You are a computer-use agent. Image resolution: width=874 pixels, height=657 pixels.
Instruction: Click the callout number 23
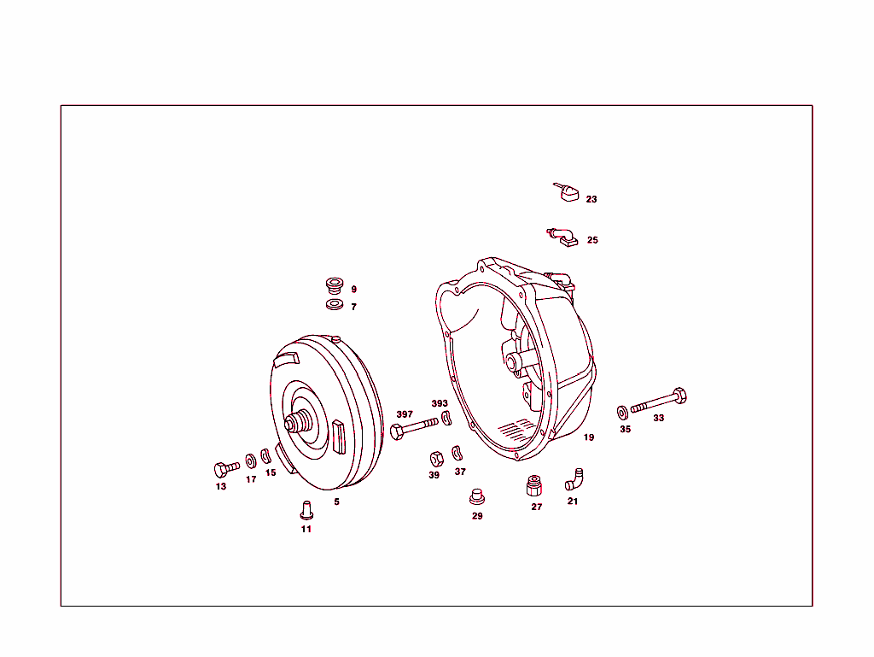click(591, 199)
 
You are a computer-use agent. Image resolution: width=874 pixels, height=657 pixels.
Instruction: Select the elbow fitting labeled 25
click(562, 235)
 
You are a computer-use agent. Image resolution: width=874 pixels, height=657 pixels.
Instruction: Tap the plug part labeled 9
click(334, 284)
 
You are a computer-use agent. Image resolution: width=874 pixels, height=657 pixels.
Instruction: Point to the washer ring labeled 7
click(334, 304)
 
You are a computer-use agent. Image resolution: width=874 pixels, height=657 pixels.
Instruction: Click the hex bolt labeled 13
click(226, 469)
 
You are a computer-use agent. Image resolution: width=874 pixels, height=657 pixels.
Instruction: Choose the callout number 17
click(251, 479)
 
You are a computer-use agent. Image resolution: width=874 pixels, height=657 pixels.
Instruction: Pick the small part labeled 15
click(265, 456)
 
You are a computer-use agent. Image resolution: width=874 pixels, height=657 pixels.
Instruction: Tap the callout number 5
click(336, 502)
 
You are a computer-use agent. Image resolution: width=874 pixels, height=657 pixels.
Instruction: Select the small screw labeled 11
click(305, 509)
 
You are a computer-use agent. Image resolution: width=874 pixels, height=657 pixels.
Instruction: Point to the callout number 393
click(440, 403)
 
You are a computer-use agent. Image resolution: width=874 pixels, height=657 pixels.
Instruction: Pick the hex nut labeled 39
click(433, 456)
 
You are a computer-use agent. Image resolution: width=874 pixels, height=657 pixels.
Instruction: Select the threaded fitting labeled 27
click(535, 486)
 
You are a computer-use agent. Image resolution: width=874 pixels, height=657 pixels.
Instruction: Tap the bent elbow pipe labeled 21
click(574, 478)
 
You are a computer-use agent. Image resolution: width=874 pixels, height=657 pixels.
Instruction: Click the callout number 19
click(589, 437)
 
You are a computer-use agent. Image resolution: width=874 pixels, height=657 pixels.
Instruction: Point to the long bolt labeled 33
click(659, 401)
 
